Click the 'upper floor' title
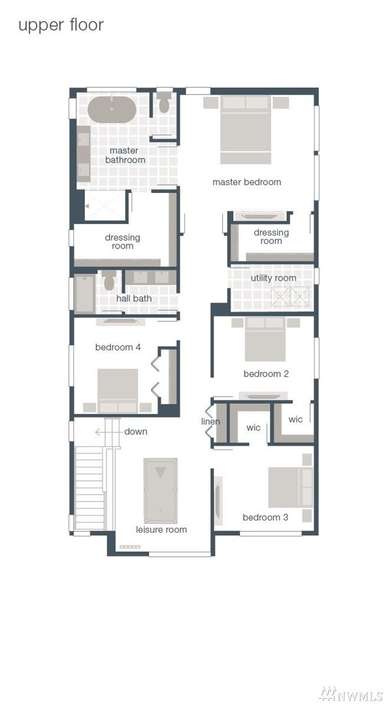click(61, 25)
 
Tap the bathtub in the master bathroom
click(111, 110)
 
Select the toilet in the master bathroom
click(163, 103)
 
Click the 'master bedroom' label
click(246, 182)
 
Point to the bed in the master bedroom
click(246, 130)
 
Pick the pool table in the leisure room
click(160, 491)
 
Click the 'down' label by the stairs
click(136, 431)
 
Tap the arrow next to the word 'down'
click(108, 432)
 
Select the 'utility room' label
click(273, 278)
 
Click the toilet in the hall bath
click(109, 281)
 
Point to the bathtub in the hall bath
click(84, 294)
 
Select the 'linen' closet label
click(211, 421)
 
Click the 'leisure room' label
click(162, 530)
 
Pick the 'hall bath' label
click(134, 299)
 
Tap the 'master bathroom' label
click(125, 155)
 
